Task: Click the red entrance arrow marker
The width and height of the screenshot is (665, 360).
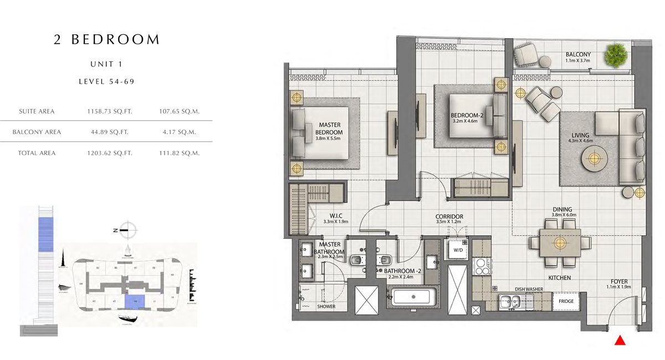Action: [x=621, y=341]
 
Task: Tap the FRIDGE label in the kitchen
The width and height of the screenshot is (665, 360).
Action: [x=566, y=301]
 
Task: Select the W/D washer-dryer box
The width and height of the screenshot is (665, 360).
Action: [x=458, y=250]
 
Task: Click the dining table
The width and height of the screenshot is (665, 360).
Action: [x=560, y=243]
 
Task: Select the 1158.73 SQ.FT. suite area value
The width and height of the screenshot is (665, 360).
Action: [x=110, y=111]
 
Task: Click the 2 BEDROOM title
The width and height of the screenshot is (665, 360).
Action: [x=107, y=40]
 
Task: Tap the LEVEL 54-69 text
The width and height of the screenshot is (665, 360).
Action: [x=107, y=81]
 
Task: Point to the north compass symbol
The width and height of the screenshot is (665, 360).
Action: [x=128, y=229]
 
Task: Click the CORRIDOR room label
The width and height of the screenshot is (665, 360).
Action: [x=449, y=217]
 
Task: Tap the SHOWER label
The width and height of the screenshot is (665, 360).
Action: [x=326, y=306]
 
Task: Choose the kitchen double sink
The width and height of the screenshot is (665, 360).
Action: [x=510, y=302]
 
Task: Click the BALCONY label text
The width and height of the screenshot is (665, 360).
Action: [x=579, y=54]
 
